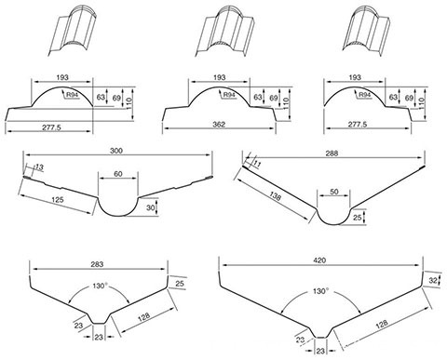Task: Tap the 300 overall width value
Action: (x=116, y=150)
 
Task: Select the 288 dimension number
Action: (x=332, y=150)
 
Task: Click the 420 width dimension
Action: (x=318, y=260)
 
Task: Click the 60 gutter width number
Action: (x=116, y=175)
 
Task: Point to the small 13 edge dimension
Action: (x=38, y=167)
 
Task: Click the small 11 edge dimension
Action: (x=258, y=164)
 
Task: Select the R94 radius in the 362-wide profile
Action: (x=229, y=94)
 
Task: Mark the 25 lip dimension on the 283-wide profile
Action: (x=179, y=282)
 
